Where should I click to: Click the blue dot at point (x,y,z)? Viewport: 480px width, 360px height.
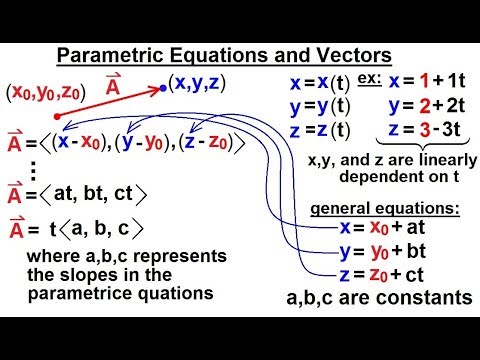(x=164, y=89)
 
